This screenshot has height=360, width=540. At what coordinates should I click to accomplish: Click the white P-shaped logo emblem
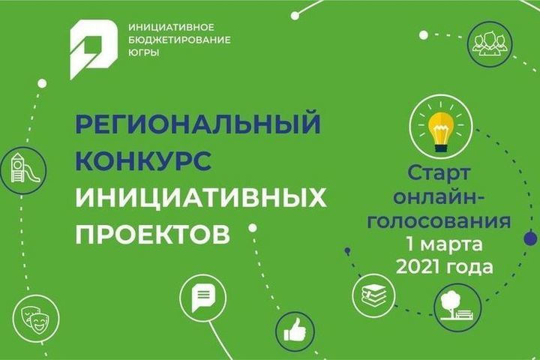coord(94,49)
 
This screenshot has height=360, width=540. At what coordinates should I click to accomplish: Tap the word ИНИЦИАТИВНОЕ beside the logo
coord(171,27)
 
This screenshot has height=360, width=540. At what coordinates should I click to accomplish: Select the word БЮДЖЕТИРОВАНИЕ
coord(179,40)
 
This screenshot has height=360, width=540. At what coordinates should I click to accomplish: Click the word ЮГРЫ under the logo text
coord(143,52)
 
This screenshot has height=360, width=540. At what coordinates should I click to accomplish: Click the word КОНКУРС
coord(143,160)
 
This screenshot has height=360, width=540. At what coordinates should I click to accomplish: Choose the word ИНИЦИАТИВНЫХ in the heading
coord(201,198)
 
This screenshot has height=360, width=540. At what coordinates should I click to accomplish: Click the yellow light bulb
coord(441,131)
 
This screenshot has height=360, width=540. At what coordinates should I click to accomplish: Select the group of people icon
coord(490,43)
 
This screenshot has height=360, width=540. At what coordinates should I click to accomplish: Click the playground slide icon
coord(25,169)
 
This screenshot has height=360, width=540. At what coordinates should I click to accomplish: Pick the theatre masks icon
coord(34,319)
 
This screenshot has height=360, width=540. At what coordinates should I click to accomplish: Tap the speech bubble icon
coord(203,298)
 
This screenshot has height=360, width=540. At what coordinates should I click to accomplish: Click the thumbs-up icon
coord(295,331)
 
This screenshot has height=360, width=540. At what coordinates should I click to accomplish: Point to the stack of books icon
coord(374,295)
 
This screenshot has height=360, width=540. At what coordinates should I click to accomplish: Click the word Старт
coord(439,174)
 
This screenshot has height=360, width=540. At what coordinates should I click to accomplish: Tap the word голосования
coord(439,221)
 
